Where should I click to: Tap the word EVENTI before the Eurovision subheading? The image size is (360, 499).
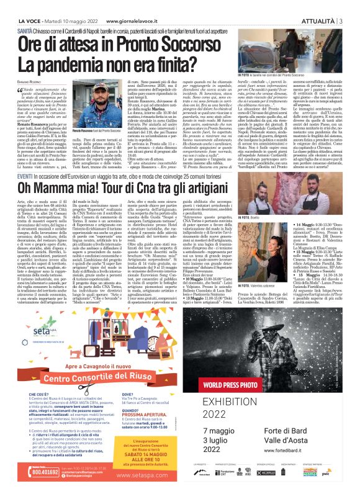27,160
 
